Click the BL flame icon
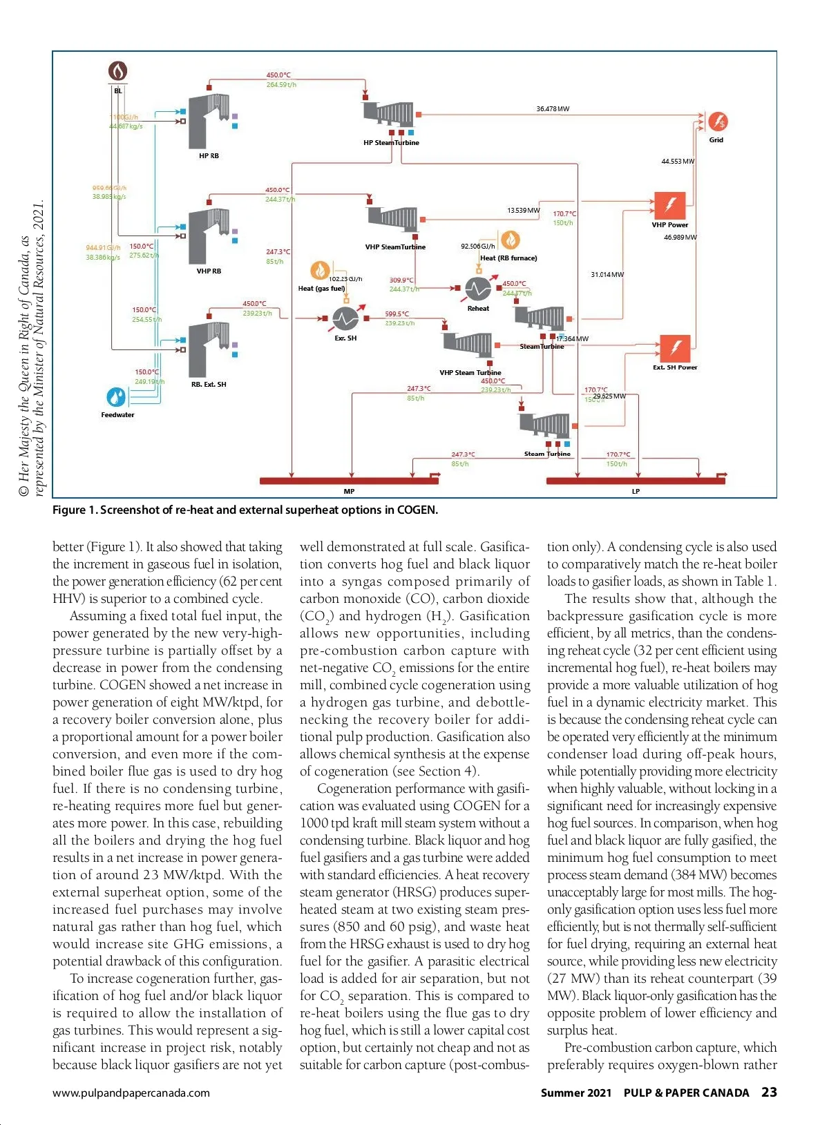pos(118,71)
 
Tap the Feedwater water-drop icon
pos(116,397)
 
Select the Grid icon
pos(718,122)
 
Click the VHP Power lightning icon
pos(669,206)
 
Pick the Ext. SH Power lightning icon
pos(675,349)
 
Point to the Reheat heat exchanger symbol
pos(477,289)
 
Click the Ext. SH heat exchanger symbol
pos(345,318)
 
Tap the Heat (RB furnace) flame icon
pos(510,240)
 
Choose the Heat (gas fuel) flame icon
pos(319,270)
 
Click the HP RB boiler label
pos(209,156)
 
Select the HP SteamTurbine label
pos(391,143)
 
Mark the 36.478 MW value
pos(553,109)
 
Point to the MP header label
pos(349,492)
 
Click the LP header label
pos(636,492)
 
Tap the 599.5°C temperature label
pos(397,314)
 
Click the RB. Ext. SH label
pos(209,385)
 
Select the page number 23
pos(769,1093)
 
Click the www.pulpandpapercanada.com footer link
pos(131,1093)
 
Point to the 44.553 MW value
pos(678,162)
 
